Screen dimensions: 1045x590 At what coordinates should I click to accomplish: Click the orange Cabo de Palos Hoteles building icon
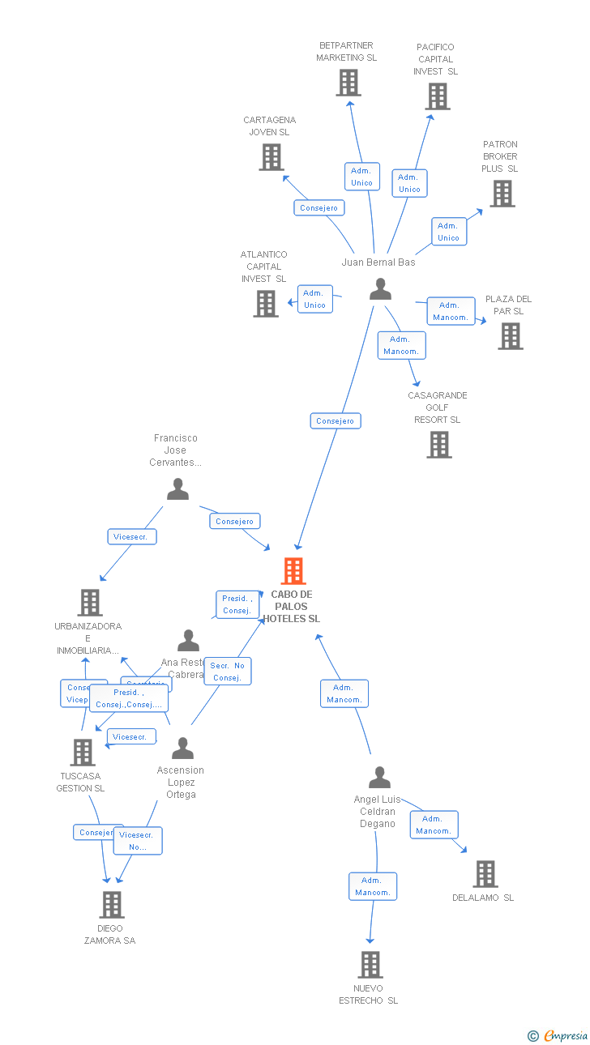pos(293,571)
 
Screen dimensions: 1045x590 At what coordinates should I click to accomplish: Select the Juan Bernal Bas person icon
pos(380,289)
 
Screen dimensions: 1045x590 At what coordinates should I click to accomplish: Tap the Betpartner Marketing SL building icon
pos(348,83)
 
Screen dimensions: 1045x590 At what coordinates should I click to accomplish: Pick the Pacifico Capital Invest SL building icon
pos(437,96)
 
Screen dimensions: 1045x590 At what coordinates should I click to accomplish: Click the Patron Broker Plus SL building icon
pos(502,194)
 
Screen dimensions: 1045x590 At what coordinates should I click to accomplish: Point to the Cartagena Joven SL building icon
pos(271,157)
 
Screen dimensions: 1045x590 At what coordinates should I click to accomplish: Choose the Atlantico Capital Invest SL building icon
pos(266,304)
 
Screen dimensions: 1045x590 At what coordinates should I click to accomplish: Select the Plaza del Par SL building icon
pos(510,336)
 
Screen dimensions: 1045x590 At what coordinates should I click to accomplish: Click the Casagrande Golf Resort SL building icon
pos(438,445)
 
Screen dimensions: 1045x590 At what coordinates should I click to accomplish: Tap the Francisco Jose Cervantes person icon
pos(177,488)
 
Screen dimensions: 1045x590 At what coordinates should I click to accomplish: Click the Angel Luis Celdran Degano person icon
pos(379,778)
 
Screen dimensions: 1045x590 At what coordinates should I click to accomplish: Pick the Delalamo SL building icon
pos(485,874)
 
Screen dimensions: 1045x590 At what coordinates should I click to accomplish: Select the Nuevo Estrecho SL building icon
pos(370,965)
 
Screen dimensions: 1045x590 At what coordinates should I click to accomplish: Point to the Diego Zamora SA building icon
pos(111,905)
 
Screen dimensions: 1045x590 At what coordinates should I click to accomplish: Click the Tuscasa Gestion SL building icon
pos(82,753)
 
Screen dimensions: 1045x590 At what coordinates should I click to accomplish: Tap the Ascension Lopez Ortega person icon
pos(183,748)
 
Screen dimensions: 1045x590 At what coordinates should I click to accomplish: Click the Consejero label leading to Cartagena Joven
pos(319,208)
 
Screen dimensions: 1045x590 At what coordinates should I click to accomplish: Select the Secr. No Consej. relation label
pos(228,672)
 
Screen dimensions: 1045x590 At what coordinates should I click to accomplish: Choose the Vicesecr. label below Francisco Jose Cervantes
pos(132,536)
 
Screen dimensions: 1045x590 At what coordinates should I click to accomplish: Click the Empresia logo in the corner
pos(558,1035)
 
